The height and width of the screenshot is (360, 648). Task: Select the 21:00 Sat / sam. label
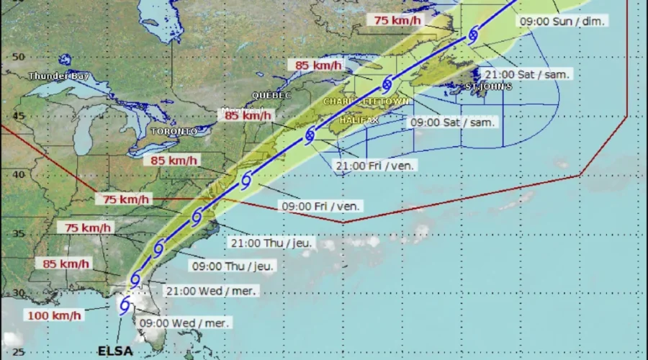pos(528,74)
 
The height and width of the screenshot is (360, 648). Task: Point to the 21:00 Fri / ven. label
pos(377,166)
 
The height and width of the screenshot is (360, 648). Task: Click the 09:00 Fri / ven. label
pos(320,206)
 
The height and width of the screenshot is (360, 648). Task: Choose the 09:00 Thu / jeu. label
pos(233,266)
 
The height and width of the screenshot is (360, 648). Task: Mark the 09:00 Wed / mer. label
pos(184,323)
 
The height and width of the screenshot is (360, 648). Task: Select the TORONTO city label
pos(174,132)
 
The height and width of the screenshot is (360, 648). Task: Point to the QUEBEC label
pos(271,95)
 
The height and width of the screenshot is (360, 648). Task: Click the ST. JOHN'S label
pos(488,86)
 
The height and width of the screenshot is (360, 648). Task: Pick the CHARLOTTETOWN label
pos(366,102)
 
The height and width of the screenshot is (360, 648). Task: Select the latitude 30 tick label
pos(19,292)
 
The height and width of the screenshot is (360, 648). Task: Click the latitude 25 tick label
pos(19,352)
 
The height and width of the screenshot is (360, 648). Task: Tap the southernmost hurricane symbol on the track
pos(125,305)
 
